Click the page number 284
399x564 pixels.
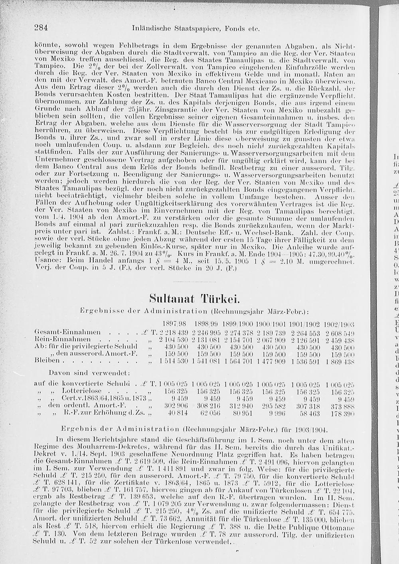pos(41,28)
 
